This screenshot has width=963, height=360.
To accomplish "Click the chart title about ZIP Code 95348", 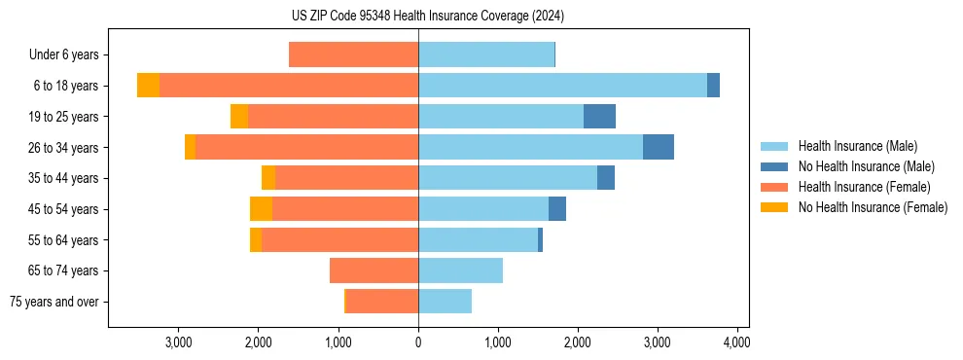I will coord(428,17).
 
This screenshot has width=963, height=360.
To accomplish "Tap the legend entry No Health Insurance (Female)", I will coord(873,207).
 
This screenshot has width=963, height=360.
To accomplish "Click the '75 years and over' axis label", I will coord(53,302).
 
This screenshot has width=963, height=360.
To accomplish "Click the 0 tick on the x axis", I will coord(418,342).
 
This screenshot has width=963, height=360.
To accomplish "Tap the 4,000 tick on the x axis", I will coord(737,342).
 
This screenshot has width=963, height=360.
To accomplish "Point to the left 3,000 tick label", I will coord(179,342).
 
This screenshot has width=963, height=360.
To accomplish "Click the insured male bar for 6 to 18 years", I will coord(562,86).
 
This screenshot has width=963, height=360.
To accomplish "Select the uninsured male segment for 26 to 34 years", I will coord(659,147).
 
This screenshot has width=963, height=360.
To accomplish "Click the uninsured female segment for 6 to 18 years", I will coord(148,86).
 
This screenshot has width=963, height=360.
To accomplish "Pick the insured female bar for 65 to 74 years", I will coord(374,270).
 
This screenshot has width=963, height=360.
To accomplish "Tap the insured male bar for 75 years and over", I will coord(445,302).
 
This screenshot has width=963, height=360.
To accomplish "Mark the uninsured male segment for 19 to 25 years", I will coord(599,117).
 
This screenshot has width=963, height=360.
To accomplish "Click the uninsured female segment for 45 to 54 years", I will coord(261,209).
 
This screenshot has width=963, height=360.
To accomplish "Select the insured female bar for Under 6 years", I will coord(353,54).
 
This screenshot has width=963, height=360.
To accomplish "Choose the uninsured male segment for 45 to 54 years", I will coord(557,209).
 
